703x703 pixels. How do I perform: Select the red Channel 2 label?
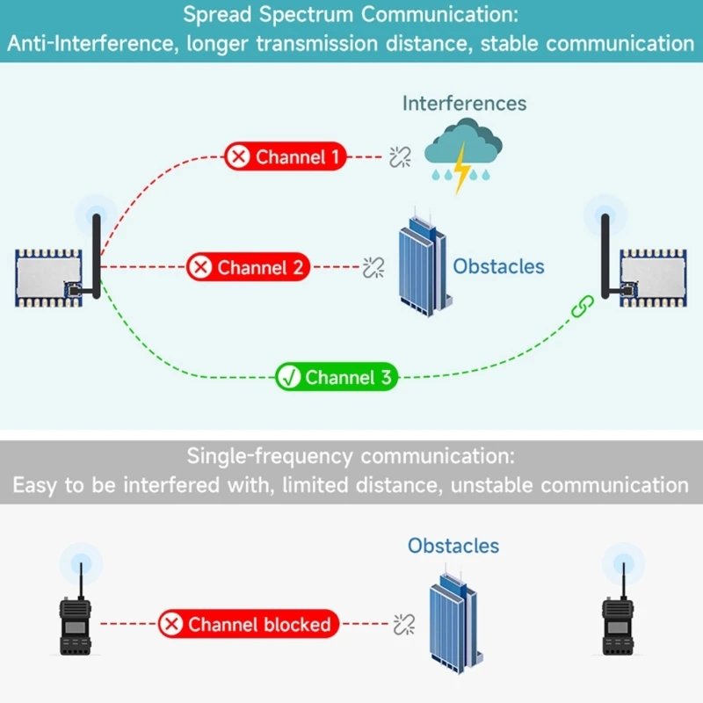point(248,267)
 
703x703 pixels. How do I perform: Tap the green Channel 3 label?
point(337,378)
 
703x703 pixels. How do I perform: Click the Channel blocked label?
point(248,625)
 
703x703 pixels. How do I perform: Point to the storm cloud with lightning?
point(460,155)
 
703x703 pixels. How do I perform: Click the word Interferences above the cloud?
point(464,104)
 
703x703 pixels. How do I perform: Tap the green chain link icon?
point(583,307)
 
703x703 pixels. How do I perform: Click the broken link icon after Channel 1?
point(401,157)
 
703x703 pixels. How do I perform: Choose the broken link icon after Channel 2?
point(373,267)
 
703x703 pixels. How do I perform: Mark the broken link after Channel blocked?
point(404,625)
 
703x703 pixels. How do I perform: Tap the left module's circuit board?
point(48,278)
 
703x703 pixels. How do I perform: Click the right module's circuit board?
point(651,278)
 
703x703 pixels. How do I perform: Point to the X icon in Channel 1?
point(238,157)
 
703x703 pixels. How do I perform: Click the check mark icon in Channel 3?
point(288,378)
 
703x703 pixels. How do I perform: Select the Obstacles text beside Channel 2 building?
point(498,266)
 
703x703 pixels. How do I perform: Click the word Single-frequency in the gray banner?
point(271,456)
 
